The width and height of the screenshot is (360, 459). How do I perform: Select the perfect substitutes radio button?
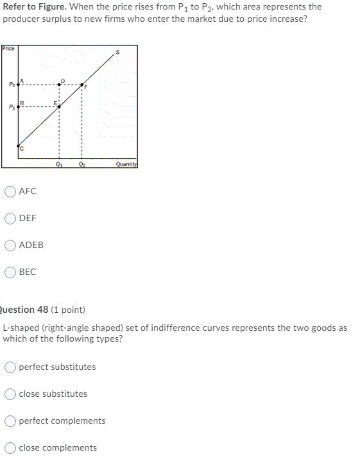point(12,367)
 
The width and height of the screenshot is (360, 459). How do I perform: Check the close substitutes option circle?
point(12,394)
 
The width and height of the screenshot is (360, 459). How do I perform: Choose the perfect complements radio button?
point(12,421)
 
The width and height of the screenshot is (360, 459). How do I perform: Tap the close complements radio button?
point(12,447)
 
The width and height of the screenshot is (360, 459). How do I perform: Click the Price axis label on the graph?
point(8,49)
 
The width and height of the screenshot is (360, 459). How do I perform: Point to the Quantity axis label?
point(126,163)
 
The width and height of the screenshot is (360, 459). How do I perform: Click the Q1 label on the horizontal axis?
point(59,163)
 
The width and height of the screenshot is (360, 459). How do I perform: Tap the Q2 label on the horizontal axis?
point(81,163)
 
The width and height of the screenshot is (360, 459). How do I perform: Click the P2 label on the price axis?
point(10,84)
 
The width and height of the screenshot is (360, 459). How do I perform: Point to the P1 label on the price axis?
point(10,106)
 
